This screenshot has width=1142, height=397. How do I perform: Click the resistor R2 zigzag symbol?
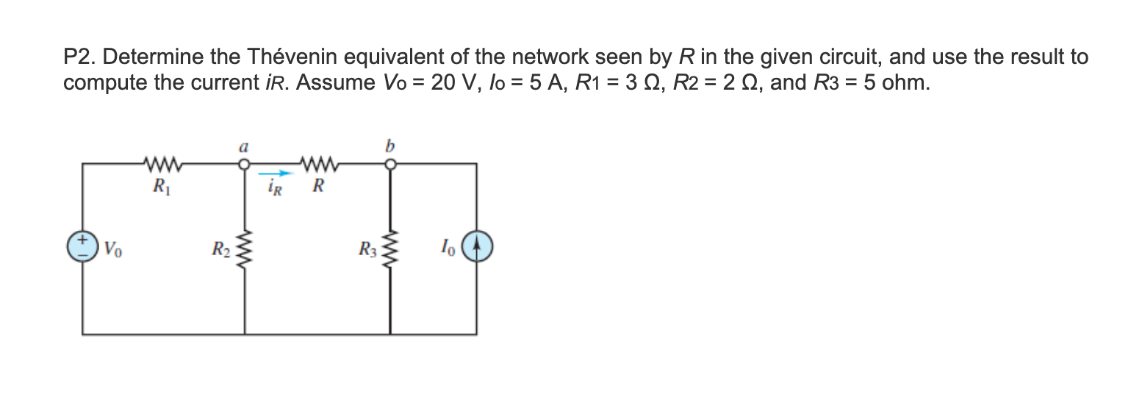coord(243,248)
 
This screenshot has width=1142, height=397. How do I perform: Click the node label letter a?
coord(243,146)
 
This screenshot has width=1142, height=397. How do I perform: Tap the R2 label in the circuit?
coord(220,248)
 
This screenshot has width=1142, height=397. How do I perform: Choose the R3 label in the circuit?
coord(367,248)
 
